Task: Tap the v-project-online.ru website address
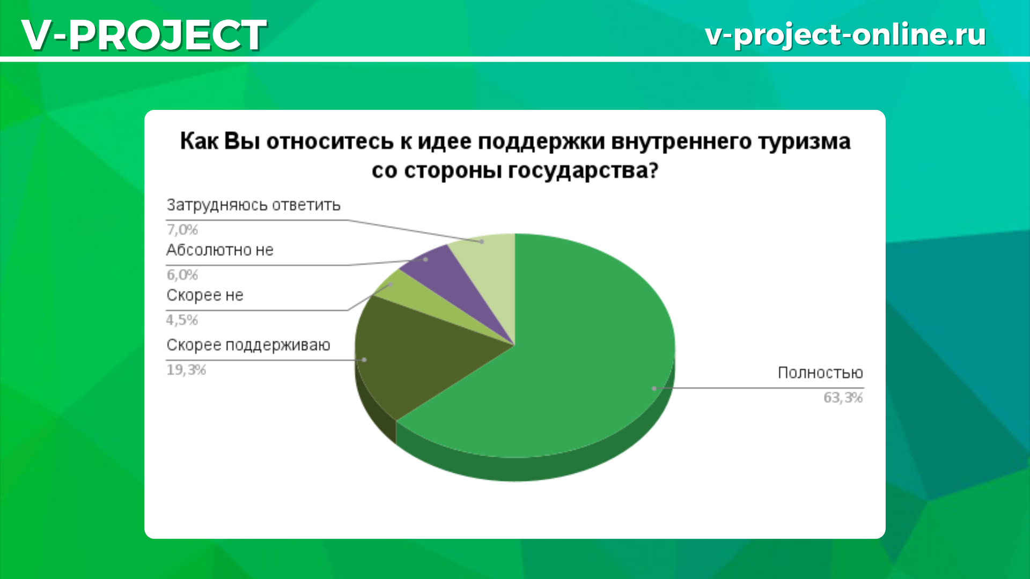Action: pos(845,35)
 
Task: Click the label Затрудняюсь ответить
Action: pos(253,205)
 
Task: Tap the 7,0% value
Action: pos(182,229)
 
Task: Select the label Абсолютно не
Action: pos(220,250)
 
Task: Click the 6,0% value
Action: pos(182,274)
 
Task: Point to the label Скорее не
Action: pos(205,295)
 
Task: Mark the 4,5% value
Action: pos(182,320)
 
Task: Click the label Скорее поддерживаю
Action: pos(248,345)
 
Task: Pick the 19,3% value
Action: pos(186,369)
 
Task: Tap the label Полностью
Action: pos(820,373)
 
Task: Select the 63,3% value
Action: pos(843,397)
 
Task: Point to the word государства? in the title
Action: pos(583,171)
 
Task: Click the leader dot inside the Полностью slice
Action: pos(654,388)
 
